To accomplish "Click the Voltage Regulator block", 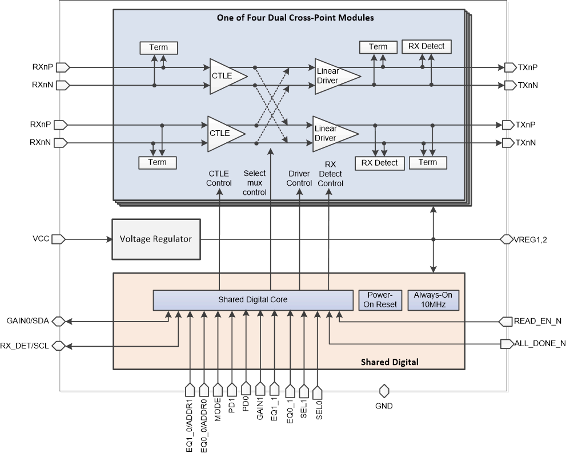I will pos(156,239).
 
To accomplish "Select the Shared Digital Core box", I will pos(253,299).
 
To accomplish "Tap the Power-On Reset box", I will pos(378,300).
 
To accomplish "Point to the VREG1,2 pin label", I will pos(531,239).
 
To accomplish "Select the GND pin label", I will pos(384,406).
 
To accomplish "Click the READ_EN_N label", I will pos(537,321).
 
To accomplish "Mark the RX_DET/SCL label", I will pos(25,345).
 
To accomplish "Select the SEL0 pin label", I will pos(319,409).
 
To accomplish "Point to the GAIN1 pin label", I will pos(260,411).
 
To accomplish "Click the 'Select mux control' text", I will pos(255,182).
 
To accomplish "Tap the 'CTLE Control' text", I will pos(219,178).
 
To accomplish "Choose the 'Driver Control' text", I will pos(299,178).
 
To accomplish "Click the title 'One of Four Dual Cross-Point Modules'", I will pos(295,18).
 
